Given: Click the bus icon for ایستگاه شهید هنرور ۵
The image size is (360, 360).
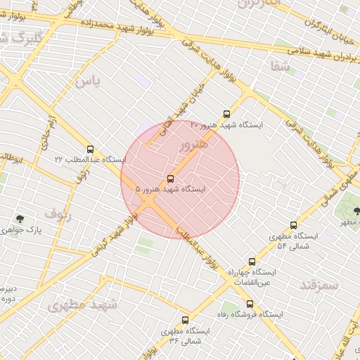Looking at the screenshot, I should point(171,179).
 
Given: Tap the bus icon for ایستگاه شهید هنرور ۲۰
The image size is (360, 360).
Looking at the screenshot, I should point(226,113).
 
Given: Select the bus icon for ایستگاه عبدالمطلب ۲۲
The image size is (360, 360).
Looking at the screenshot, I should point(89,149).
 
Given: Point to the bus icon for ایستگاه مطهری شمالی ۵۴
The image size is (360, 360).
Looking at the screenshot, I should point(293,225).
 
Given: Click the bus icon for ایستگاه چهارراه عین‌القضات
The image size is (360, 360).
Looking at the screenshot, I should point(252,262).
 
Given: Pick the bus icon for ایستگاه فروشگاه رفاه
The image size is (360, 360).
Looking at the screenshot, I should point(250,304).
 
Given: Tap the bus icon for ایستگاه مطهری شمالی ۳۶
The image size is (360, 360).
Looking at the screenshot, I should point(186,320).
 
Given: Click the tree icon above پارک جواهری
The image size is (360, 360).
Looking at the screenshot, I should point(19,219).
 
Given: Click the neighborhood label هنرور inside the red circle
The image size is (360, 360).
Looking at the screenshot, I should point(193,146).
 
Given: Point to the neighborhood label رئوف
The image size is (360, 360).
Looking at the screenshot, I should point(58,212).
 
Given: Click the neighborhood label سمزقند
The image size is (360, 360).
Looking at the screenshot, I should point(319,285).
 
